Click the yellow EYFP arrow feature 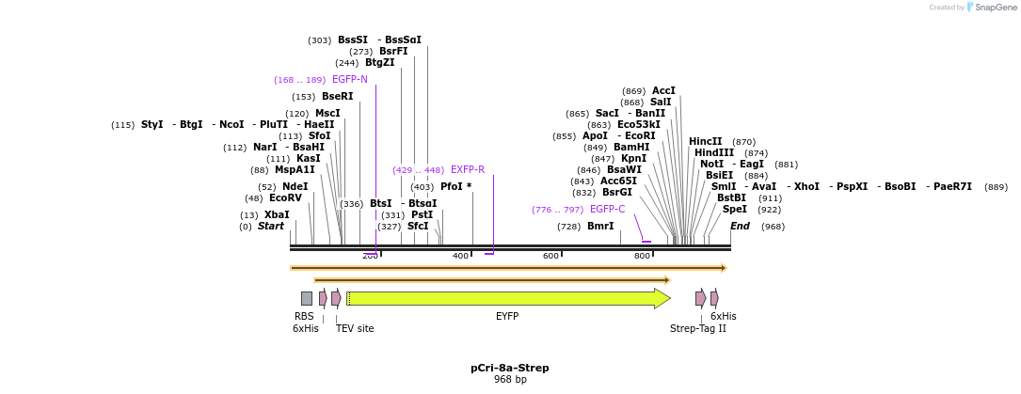point(508,298)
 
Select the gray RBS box point(307,298)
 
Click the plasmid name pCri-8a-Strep point(510,368)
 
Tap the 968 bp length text point(510,380)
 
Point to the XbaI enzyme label point(277,215)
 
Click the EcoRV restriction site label point(285,198)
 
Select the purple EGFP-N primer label point(349,80)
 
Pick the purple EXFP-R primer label point(467,170)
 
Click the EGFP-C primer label point(607,210)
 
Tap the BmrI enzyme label point(599,227)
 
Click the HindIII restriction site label point(713,153)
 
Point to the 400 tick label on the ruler point(460,256)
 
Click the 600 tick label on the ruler point(550,256)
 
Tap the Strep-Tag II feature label point(697,329)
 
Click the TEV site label point(355,329)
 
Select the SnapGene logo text point(994,8)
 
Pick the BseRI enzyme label point(337,97)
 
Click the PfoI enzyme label point(455,187)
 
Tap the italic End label point(740,227)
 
